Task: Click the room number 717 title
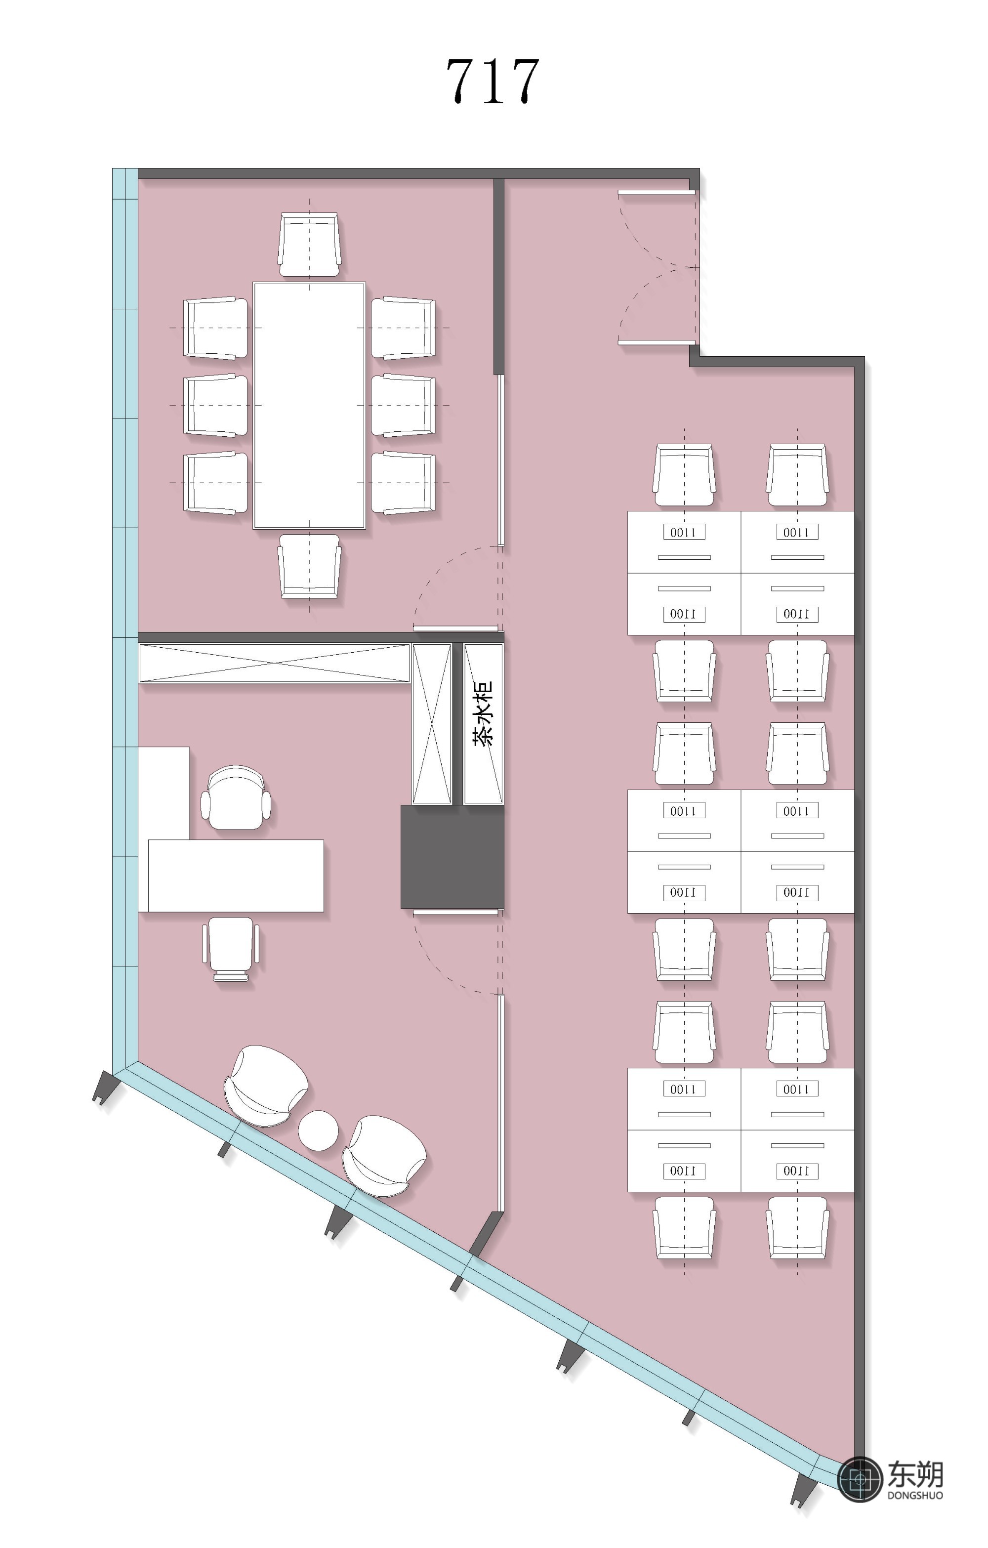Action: coord(493,81)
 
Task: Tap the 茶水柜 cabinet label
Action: coord(484,713)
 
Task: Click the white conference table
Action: coord(309,405)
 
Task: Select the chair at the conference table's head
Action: coord(309,245)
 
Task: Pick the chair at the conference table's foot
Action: coord(309,566)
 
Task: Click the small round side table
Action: coord(318,1130)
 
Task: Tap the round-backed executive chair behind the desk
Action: coord(236,797)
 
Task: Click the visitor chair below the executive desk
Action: coord(231,948)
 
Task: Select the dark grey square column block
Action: coord(452,856)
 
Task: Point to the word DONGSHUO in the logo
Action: coord(915,1495)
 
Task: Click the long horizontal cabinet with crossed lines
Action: coord(275,663)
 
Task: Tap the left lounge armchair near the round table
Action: coord(265,1086)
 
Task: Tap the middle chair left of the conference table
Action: coord(215,405)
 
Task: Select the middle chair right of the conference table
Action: coord(403,405)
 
